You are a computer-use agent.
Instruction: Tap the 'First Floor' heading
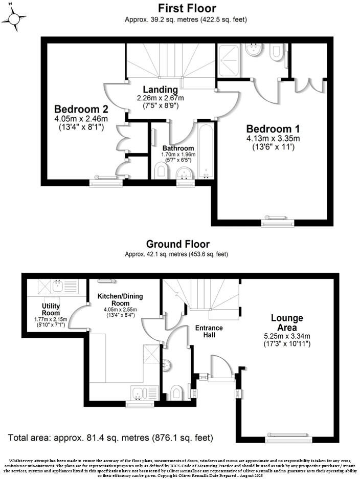(187, 8)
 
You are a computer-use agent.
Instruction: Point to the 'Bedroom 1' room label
(273, 128)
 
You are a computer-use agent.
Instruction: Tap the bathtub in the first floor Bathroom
(205, 150)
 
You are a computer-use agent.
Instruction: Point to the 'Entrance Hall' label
(209, 331)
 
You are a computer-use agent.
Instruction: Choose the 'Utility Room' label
(51, 310)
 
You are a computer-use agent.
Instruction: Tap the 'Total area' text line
(110, 438)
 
